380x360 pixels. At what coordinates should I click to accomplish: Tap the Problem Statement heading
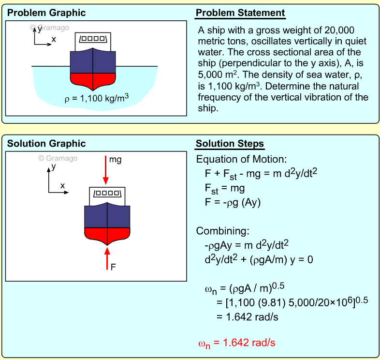coord(240,13)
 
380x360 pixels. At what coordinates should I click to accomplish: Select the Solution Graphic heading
coord(46,144)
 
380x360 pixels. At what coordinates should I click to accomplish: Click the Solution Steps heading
coord(230,144)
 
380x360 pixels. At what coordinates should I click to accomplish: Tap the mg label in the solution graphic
coord(116,159)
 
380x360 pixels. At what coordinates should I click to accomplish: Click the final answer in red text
coord(236,343)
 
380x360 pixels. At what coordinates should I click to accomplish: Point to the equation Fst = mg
coord(225,188)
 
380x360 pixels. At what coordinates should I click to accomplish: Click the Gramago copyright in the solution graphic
coord(58,158)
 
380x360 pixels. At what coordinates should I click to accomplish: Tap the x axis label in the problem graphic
coord(54,39)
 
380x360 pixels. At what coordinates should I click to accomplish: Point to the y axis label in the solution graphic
coord(54,166)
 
